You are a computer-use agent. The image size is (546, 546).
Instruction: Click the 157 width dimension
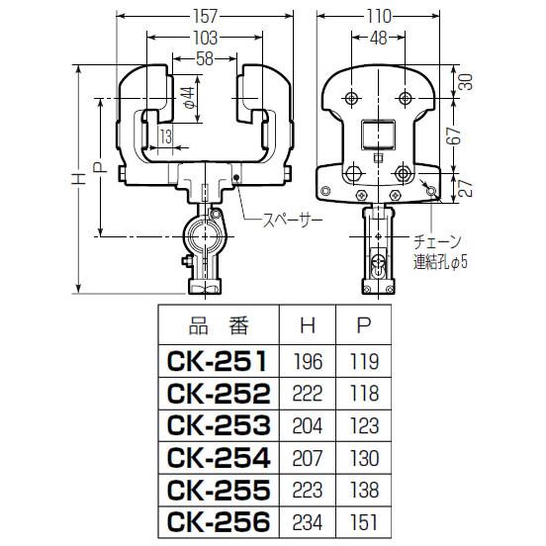tap(205, 16)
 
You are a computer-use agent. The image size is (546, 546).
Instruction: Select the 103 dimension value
tap(205, 38)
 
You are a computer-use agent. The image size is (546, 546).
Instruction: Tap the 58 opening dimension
tap(205, 58)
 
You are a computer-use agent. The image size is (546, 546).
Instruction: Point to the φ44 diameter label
tap(188, 99)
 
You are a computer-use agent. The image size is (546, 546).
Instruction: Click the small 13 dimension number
tap(166, 136)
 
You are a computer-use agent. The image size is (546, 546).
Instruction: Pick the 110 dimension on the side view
tap(379, 16)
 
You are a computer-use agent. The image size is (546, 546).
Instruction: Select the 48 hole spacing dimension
tap(379, 38)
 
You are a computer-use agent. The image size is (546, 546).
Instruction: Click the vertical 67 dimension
tap(455, 136)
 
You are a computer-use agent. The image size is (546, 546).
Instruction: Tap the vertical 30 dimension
tap(466, 82)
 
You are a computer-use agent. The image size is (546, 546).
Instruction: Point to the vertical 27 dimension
tap(466, 188)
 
